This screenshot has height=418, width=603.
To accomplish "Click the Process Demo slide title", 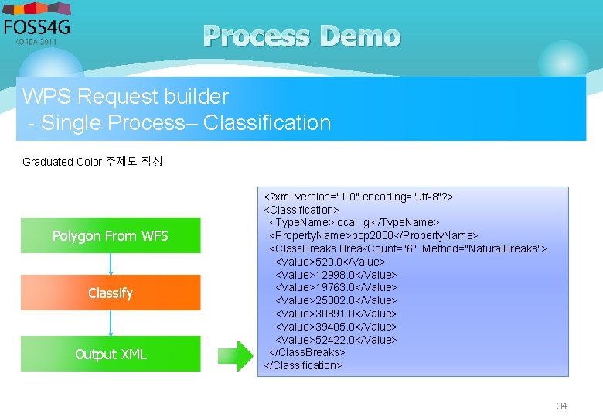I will point(302,36).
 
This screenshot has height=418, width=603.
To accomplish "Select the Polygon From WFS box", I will point(110,235).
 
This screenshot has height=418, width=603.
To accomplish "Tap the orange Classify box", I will point(110,293).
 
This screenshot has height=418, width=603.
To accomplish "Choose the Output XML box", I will point(110,354).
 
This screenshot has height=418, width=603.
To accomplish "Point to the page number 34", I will point(562,406).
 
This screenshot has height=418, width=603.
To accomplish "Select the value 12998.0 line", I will point(336,275).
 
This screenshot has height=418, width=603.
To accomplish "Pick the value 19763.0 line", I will point(336,287).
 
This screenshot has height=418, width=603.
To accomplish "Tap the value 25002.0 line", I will point(336,300).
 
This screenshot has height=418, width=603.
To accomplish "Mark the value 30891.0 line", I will point(336,313).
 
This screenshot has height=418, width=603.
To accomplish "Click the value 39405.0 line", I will point(336,327).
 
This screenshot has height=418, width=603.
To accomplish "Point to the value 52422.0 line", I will point(336,340).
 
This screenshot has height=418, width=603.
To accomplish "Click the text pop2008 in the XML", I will point(373,235).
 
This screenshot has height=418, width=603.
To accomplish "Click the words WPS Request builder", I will point(125,97).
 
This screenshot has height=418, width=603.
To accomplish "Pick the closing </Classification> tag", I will point(302,365).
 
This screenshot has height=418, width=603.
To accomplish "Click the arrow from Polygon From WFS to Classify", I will point(111,264).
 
